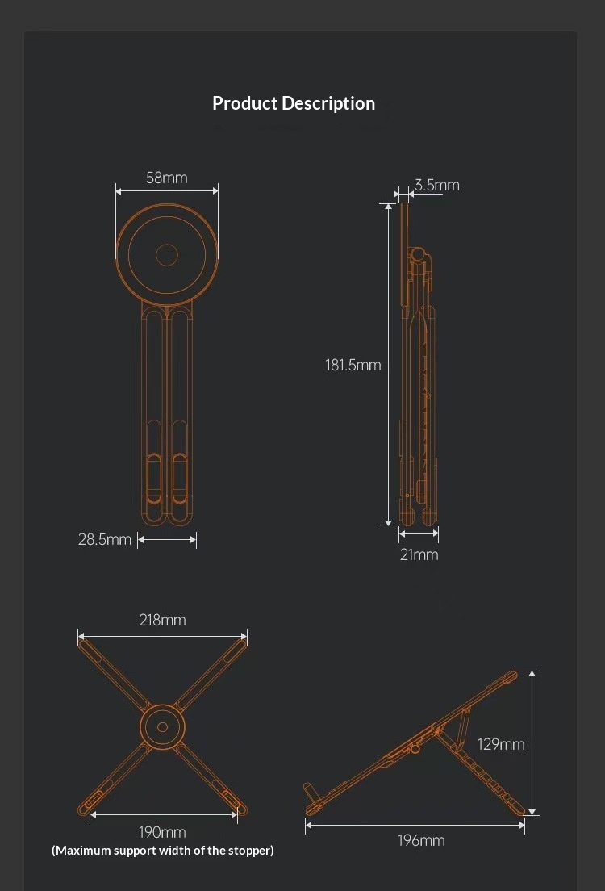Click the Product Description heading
point(294,103)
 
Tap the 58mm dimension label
point(166,178)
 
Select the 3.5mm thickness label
point(437,185)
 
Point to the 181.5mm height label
point(353,365)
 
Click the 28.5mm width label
point(105,539)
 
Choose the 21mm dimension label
point(419,554)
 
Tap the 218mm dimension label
point(162,620)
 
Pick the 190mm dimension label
point(162,832)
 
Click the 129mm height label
point(501,744)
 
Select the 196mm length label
point(421,840)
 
